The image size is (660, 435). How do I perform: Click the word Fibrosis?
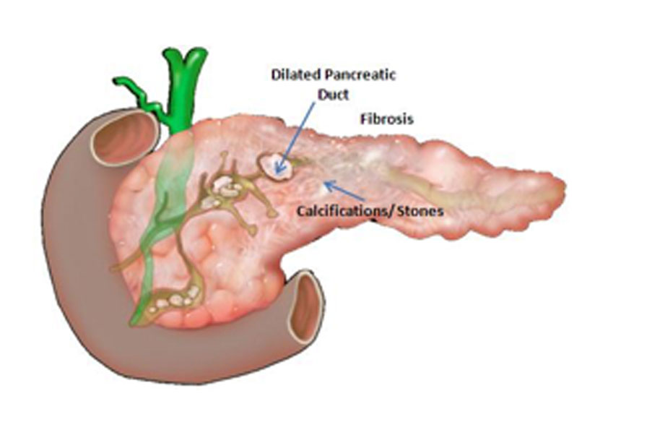click(x=387, y=119)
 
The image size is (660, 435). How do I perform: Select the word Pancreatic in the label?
click(x=360, y=75)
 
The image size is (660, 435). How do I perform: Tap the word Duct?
click(x=334, y=95)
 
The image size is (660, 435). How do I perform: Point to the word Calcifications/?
click(x=344, y=210)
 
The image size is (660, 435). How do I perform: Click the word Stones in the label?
click(x=420, y=210)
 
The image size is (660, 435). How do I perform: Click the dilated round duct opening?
click(x=276, y=167)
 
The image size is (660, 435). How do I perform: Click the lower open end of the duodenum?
click(x=306, y=307)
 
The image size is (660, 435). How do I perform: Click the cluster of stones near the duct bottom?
click(x=175, y=299)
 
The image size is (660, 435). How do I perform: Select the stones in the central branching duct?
click(x=222, y=191)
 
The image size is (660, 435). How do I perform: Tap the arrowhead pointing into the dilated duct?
click(x=278, y=168)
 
